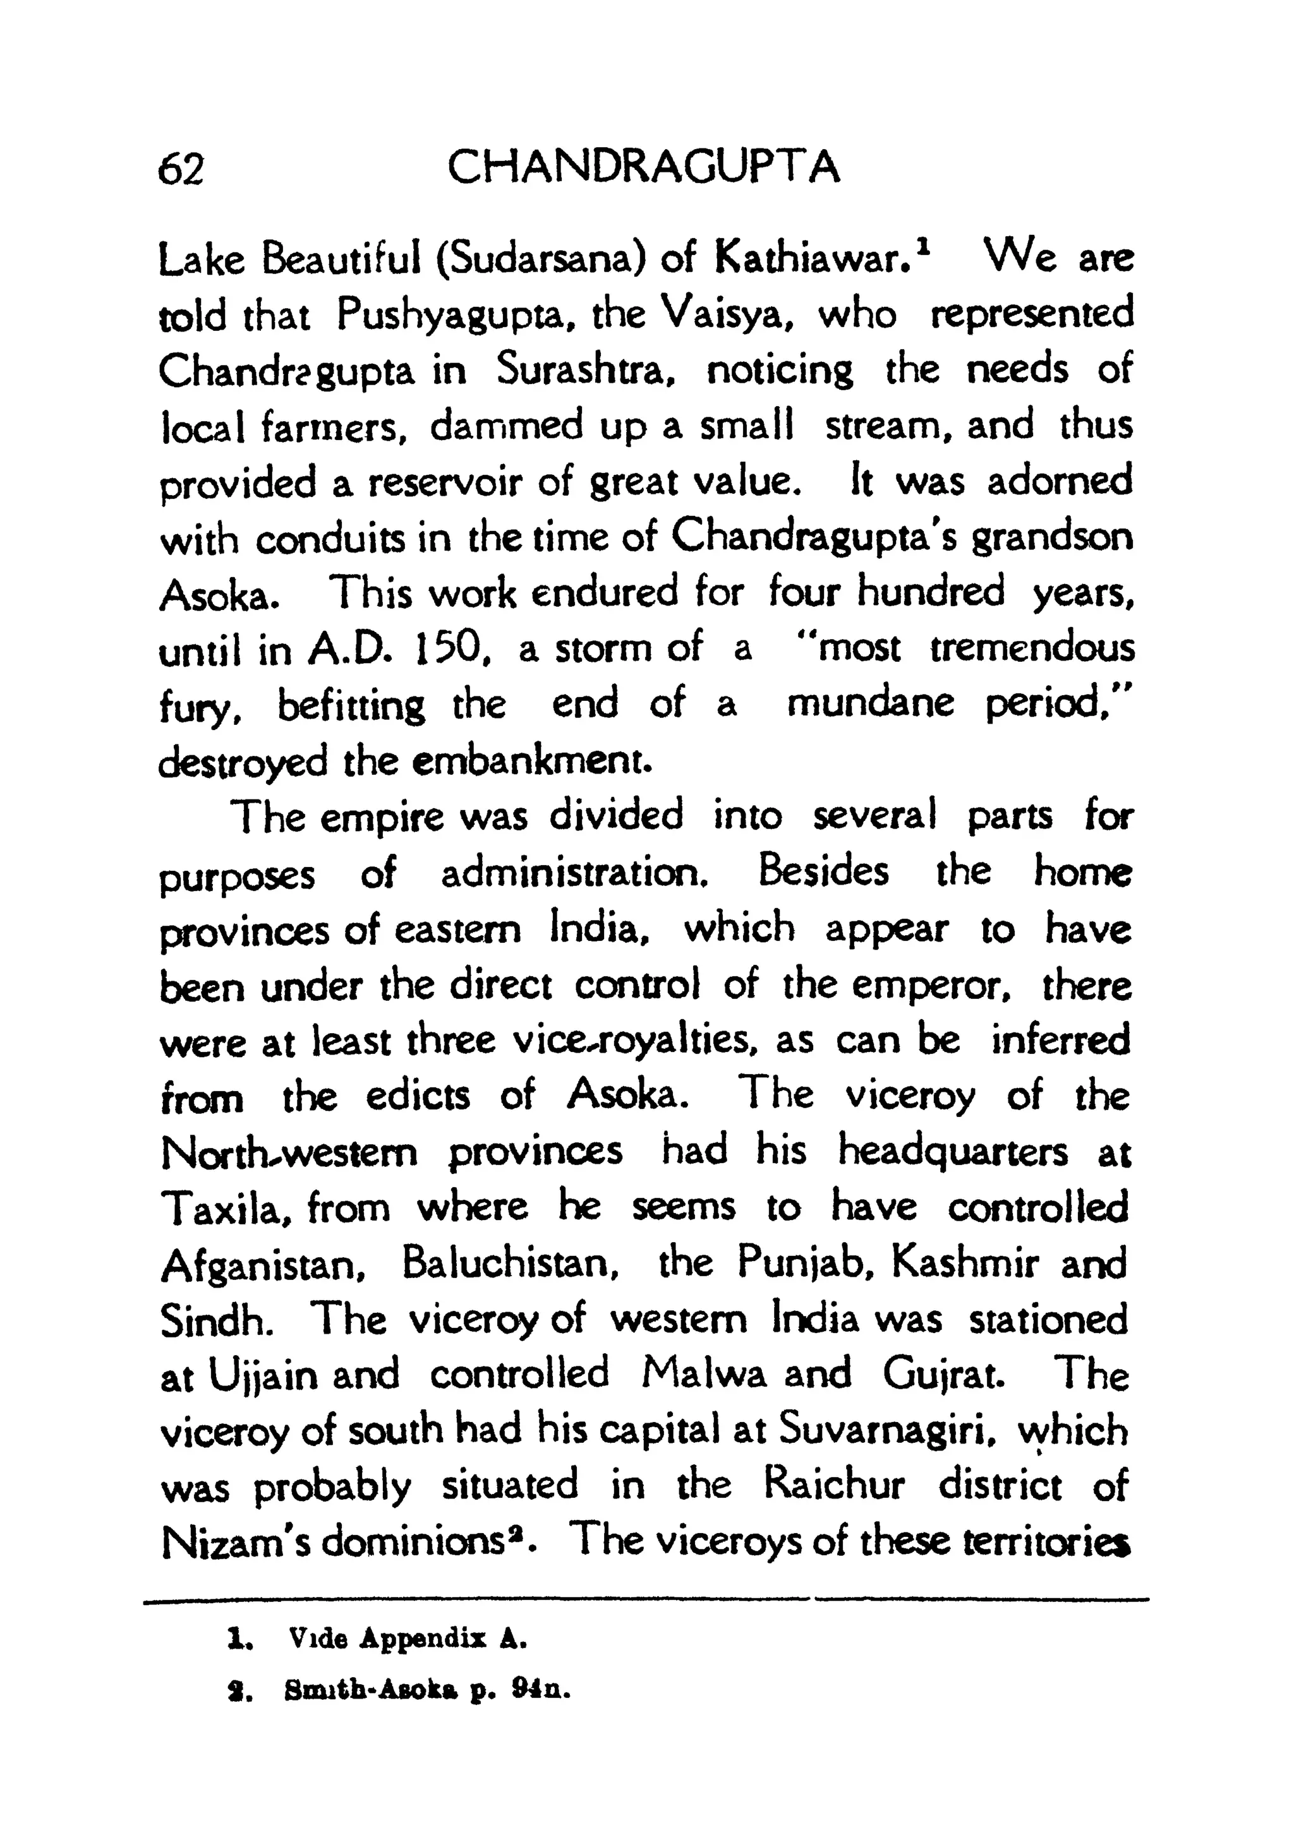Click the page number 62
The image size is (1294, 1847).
pyautogui.click(x=181, y=170)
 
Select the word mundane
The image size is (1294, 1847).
pyautogui.click(x=870, y=705)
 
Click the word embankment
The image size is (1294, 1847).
pyautogui.click(x=531, y=761)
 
